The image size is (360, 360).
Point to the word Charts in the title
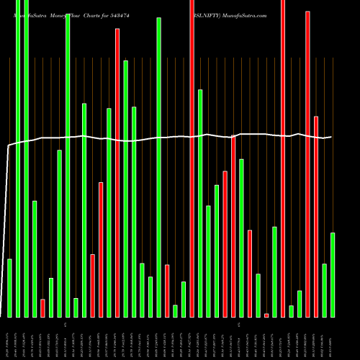click(98, 14)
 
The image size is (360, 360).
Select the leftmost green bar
click(10, 288)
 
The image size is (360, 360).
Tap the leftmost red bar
click(42, 308)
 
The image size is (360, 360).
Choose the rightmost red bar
click(316, 216)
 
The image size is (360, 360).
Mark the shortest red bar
click(266, 315)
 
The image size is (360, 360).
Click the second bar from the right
click(325, 290)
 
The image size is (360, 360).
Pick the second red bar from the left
click(93, 286)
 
